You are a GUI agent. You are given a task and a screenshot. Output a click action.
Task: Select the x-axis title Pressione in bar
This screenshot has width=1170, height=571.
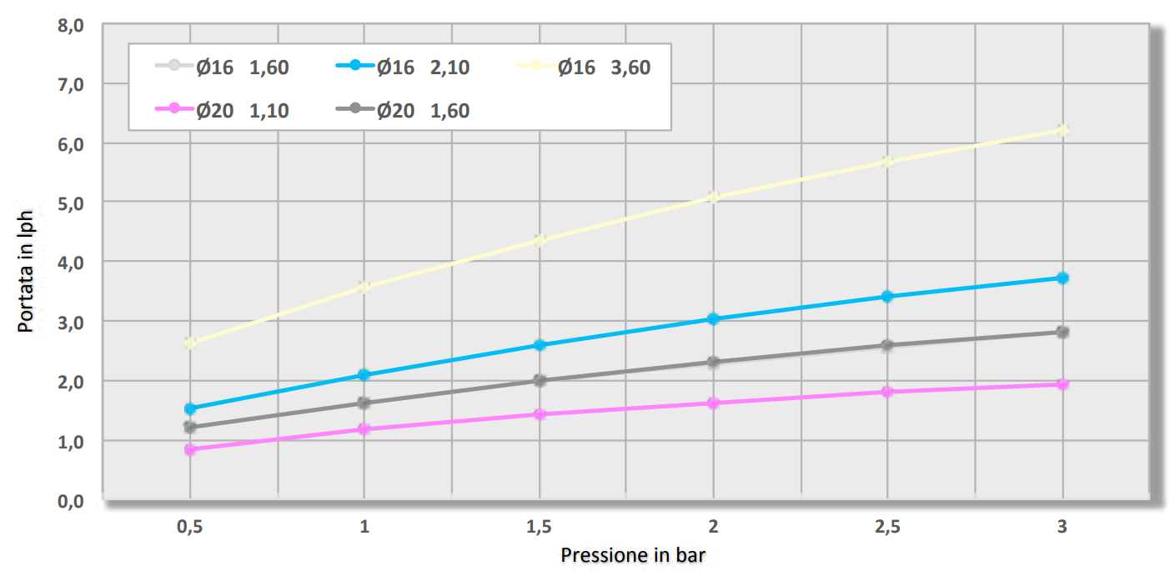pyautogui.click(x=639, y=555)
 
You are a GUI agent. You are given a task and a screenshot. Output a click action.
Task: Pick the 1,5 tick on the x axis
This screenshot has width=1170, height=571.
pyautogui.click(x=540, y=528)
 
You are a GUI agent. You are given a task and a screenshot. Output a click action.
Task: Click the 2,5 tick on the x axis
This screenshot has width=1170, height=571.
pyautogui.click(x=888, y=528)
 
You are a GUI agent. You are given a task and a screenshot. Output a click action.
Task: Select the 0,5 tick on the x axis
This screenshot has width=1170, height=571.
pyautogui.click(x=190, y=528)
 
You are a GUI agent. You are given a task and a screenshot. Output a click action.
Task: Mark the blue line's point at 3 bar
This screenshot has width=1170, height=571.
pyautogui.click(x=1062, y=278)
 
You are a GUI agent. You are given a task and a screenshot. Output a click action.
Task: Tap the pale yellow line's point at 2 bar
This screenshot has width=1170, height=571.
pyautogui.click(x=713, y=198)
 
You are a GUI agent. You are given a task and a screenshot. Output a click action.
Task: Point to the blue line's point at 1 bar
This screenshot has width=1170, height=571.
pyautogui.click(x=364, y=375)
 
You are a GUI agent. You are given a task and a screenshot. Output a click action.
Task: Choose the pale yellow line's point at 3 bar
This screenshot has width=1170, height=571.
pyautogui.click(x=1062, y=130)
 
